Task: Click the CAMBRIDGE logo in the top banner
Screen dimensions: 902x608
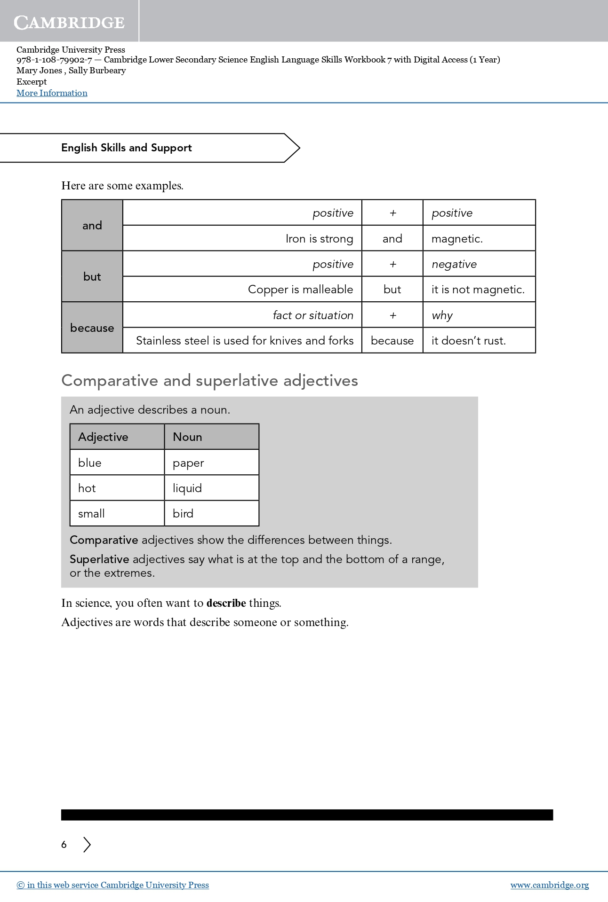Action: tap(69, 22)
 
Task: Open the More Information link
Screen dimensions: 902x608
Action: tap(52, 93)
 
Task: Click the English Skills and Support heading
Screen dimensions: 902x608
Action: tap(127, 148)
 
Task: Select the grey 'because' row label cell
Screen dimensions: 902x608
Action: tap(92, 328)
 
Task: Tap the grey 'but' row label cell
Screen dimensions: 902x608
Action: tap(92, 276)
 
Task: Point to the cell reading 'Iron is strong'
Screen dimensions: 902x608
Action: tap(319, 239)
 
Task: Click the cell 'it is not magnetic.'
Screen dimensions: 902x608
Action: tap(478, 290)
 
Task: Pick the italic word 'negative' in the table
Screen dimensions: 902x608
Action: tap(454, 264)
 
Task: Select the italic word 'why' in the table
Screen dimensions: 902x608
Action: tap(442, 315)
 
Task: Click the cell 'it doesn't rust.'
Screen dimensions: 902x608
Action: tap(468, 341)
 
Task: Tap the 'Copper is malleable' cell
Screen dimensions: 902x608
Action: tap(300, 290)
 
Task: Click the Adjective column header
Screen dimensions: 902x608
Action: tap(104, 437)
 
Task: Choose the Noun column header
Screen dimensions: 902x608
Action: tap(187, 437)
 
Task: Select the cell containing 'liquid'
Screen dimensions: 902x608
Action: tap(187, 488)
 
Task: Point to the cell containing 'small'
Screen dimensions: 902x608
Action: tap(91, 514)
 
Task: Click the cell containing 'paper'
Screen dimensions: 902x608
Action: tap(188, 463)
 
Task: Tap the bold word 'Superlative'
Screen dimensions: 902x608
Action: tap(99, 559)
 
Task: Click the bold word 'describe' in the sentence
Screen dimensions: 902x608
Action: tap(226, 603)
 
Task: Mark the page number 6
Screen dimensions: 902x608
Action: tap(64, 845)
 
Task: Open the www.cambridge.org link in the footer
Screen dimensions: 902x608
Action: tap(549, 885)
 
